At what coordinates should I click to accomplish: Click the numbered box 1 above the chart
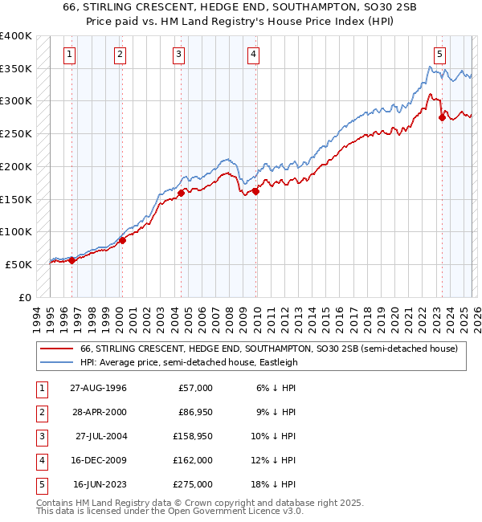(x=71, y=55)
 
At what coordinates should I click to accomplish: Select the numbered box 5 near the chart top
(x=439, y=55)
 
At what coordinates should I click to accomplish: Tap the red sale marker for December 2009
(x=255, y=191)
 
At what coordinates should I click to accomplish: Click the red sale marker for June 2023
(x=442, y=118)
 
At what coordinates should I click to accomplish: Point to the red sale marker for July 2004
(x=181, y=193)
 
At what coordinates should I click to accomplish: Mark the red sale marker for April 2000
(x=122, y=240)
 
